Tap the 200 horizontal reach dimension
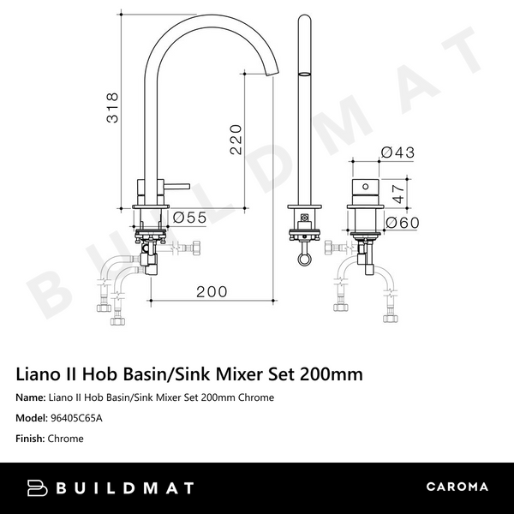212,291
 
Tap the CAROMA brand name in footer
457,487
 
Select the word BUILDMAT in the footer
126,487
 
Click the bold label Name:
32,397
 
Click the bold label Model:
33,418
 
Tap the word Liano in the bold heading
39,374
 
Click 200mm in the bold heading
330,374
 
